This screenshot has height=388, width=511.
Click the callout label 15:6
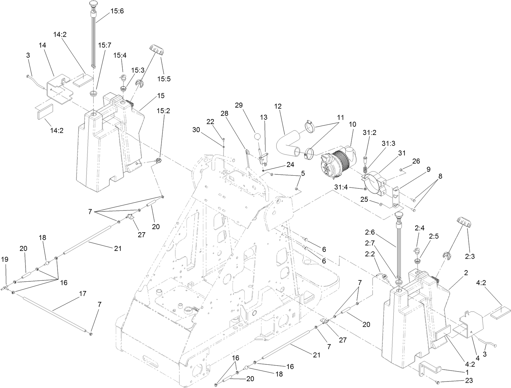click(x=117, y=11)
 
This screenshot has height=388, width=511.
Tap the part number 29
click(x=239, y=105)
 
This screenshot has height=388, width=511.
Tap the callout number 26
click(x=416, y=161)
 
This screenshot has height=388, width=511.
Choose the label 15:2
click(x=163, y=111)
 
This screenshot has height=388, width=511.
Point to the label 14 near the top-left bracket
click(x=42, y=45)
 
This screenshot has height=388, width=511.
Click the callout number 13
click(x=263, y=117)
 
